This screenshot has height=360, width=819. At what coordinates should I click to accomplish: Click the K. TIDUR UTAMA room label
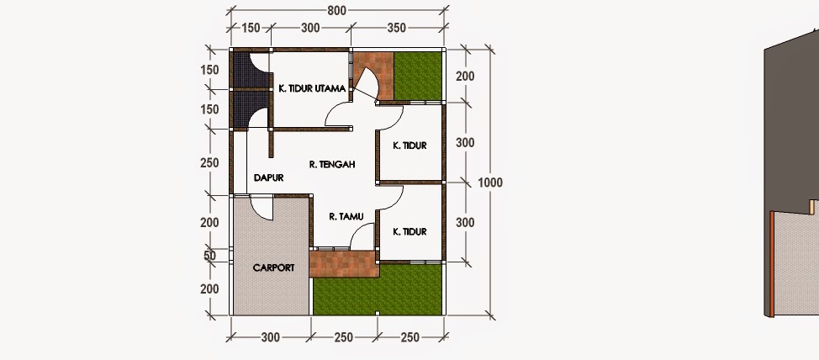click(x=312, y=88)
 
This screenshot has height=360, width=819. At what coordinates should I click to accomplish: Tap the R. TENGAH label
click(x=332, y=165)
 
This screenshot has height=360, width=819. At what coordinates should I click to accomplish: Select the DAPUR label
click(x=268, y=177)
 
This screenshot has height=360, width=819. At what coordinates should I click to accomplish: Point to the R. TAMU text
click(x=346, y=216)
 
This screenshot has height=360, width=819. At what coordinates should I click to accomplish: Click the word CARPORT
click(x=273, y=267)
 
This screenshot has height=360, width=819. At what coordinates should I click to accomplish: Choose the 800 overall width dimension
click(x=337, y=10)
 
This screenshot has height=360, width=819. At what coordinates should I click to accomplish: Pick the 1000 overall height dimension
click(x=490, y=183)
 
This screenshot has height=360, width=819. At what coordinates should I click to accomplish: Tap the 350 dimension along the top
click(x=397, y=28)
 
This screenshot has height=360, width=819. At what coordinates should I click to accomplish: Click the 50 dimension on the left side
click(x=209, y=256)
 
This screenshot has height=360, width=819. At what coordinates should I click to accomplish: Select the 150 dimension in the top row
click(x=251, y=28)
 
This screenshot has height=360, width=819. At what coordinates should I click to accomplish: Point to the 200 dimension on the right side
click(x=465, y=77)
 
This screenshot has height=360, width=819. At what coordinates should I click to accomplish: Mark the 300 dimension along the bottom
click(x=270, y=337)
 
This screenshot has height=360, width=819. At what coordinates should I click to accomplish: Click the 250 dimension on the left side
click(x=209, y=163)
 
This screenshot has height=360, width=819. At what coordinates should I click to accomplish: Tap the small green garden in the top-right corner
click(x=417, y=76)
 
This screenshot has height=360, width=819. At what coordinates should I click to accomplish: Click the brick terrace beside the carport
click(x=344, y=264)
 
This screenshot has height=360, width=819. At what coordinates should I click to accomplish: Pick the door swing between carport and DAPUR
click(x=261, y=208)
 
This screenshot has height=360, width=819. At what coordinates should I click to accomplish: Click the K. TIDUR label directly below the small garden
click(x=410, y=146)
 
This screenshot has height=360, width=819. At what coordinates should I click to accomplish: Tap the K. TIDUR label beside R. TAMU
click(x=410, y=231)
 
